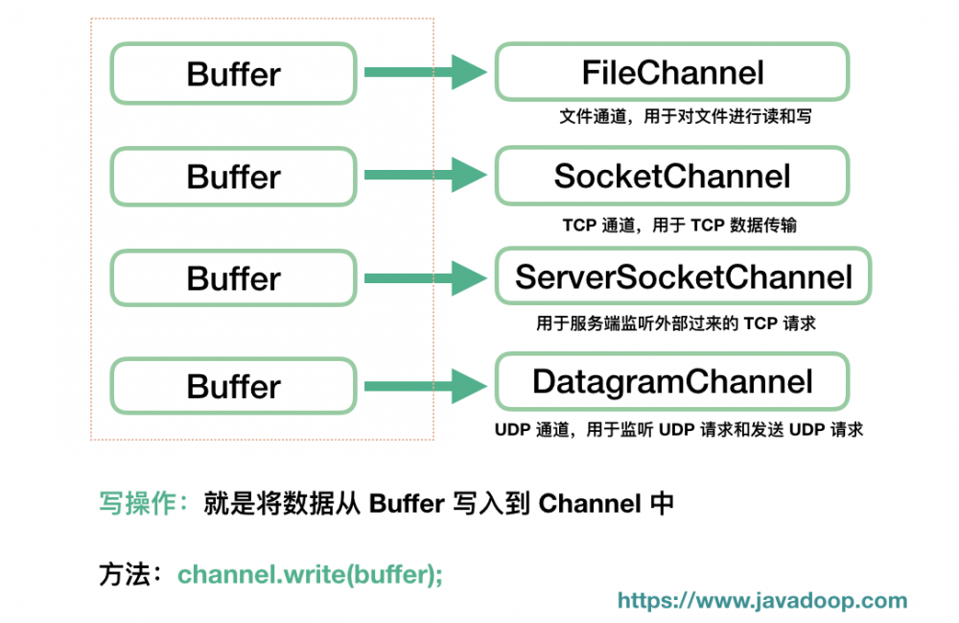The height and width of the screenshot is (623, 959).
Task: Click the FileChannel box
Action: [x=671, y=72]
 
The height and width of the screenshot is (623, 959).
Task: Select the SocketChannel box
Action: [x=671, y=176]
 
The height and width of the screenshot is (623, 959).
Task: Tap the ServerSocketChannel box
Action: [x=683, y=278]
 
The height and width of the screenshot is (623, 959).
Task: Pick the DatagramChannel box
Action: [x=671, y=382]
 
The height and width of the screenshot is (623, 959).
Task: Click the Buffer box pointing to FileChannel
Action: [x=233, y=74]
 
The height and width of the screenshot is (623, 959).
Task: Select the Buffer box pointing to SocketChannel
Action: [x=233, y=177]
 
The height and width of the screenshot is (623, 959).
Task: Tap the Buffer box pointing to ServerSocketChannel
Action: [x=233, y=278]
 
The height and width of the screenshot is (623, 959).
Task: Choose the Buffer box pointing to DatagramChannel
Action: [x=233, y=386]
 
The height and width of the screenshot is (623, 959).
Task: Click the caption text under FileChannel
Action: [x=678, y=117]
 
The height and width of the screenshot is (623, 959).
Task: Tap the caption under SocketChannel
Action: [x=678, y=226]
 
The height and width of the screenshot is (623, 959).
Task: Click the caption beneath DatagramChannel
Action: [x=678, y=429]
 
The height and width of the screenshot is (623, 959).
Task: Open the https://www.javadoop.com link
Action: [x=762, y=601]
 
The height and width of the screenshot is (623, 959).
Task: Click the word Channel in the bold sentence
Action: [x=589, y=503]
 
